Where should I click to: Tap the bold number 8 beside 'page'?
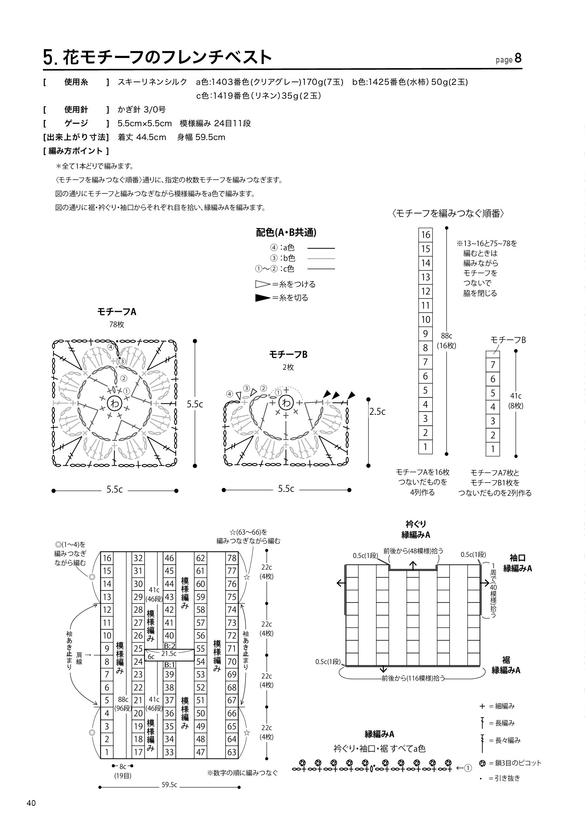518,58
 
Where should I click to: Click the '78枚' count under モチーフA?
116,325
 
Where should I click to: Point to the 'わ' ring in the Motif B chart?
286,403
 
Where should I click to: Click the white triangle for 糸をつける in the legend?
262,284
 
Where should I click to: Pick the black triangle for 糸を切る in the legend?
262,298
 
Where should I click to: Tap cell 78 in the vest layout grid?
232,558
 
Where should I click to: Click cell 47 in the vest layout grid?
201,752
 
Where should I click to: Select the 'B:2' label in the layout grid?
170,646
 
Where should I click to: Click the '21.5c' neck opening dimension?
169,653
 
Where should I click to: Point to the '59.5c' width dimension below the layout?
169,785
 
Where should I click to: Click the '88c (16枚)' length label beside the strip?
446,341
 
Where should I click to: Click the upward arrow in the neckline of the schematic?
413,565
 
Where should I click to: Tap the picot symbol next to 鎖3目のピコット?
482,763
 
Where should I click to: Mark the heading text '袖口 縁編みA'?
518,563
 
